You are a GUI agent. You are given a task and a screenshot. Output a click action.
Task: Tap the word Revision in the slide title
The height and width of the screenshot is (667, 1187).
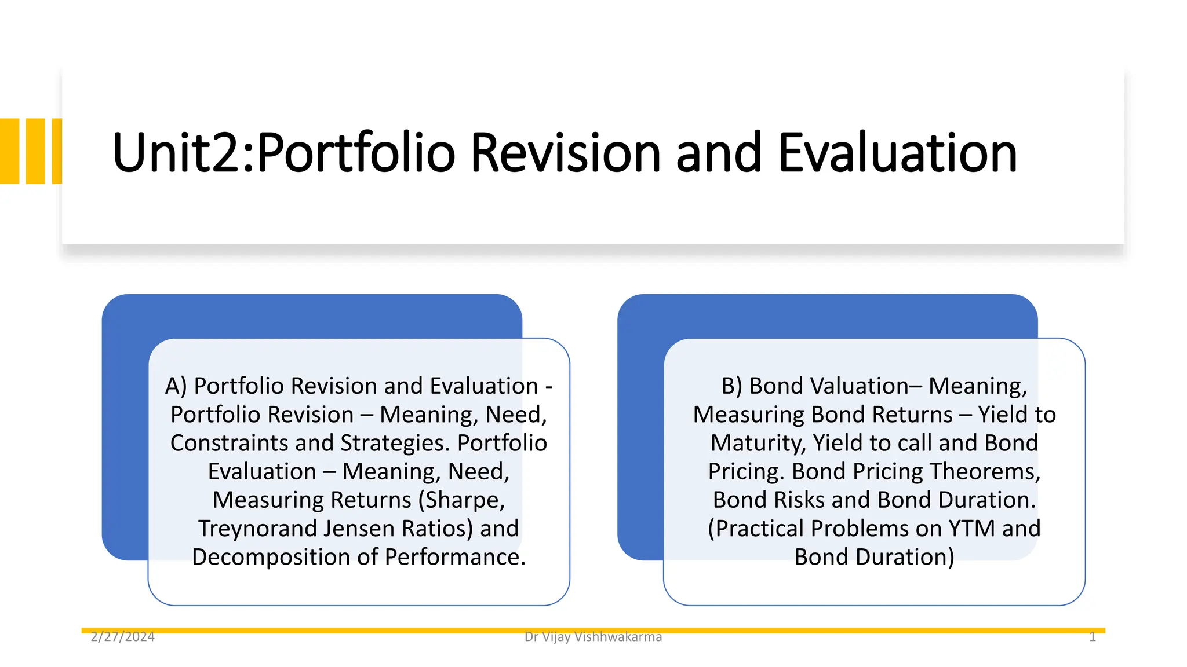pos(565,153)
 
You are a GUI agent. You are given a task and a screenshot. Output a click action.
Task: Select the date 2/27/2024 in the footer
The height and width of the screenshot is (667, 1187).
pos(123,637)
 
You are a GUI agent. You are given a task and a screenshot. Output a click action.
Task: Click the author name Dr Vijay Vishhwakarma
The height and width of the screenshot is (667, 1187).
pos(593,637)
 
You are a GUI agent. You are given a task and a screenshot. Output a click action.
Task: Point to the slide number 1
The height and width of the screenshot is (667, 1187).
pos(1092,637)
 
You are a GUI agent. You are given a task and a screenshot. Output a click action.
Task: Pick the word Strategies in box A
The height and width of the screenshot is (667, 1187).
pos(395,444)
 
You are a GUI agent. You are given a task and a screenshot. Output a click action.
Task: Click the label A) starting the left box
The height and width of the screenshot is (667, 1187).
pos(176,386)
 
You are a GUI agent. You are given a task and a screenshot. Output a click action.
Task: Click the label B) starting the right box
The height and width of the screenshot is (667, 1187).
pos(731,386)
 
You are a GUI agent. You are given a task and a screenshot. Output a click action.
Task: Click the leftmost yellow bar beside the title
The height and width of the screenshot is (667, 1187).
pos(9,151)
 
